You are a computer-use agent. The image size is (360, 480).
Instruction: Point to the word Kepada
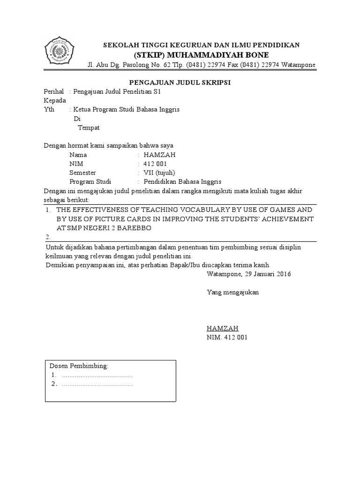pyautogui.click(x=54, y=101)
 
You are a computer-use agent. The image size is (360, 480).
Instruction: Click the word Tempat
pyautogui.click(x=88, y=127)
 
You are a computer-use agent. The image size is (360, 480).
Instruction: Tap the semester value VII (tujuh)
pyautogui.click(x=159, y=172)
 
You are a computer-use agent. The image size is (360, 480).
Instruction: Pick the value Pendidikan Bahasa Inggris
pyautogui.click(x=182, y=181)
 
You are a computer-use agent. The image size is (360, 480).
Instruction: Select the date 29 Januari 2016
pyautogui.click(x=266, y=274)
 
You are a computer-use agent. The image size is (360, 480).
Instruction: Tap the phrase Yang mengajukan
pyautogui.click(x=233, y=292)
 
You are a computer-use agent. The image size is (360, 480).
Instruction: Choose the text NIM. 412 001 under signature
pyautogui.click(x=227, y=337)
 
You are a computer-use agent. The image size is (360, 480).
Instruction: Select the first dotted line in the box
pyautogui.click(x=97, y=375)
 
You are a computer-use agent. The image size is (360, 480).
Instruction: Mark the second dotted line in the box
pyautogui.click(x=97, y=384)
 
